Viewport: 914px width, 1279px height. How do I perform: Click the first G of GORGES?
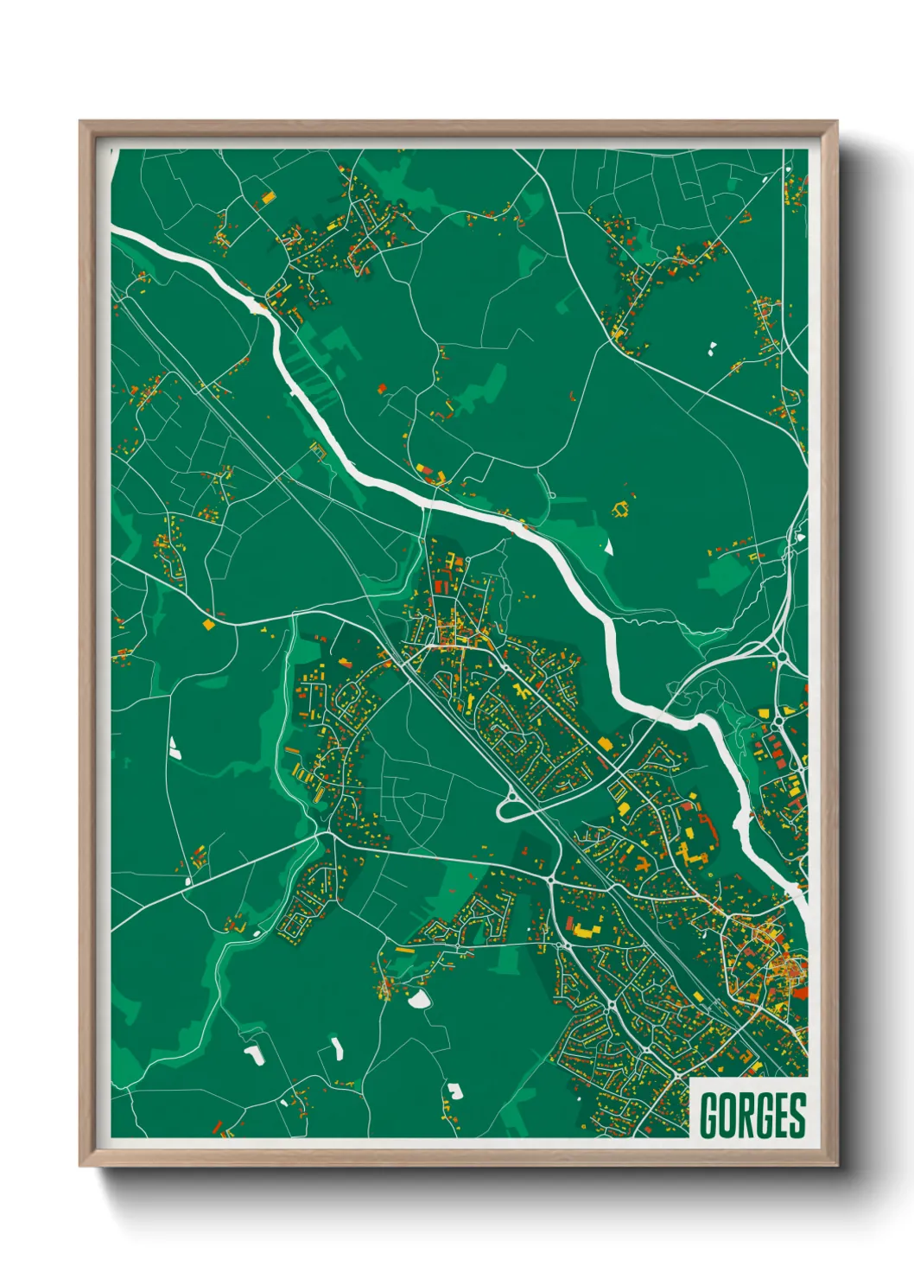710,1116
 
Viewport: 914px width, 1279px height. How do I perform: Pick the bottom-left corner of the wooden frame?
81,1165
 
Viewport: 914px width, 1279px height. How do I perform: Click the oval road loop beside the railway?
518,809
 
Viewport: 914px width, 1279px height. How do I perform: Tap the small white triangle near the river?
608,546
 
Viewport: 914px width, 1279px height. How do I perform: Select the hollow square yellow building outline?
620,509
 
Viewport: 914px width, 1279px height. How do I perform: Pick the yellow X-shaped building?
521,691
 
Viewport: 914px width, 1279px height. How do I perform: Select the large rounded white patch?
420,1000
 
